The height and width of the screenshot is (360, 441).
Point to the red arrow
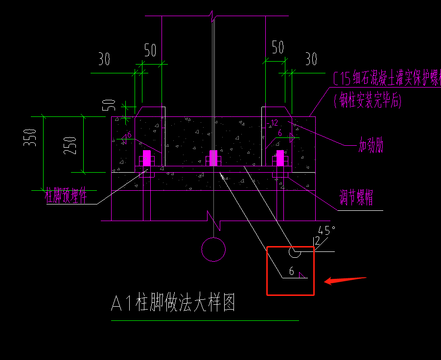pyautogui.click(x=345, y=280)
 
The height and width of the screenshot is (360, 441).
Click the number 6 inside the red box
pyautogui.click(x=292, y=271)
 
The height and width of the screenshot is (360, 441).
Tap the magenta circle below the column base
pyautogui.click(x=213, y=249)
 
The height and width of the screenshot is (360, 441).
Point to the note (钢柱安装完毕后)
pyautogui.click(x=368, y=101)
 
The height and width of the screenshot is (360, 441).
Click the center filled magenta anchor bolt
pyautogui.click(x=213, y=158)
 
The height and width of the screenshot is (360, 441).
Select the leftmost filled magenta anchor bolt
pyautogui.click(x=146, y=158)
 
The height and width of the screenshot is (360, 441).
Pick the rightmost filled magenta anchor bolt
pyautogui.click(x=280, y=158)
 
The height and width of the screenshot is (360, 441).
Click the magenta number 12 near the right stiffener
pyautogui.click(x=274, y=123)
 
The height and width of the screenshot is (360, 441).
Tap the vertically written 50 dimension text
pyautogui.click(x=112, y=104)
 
